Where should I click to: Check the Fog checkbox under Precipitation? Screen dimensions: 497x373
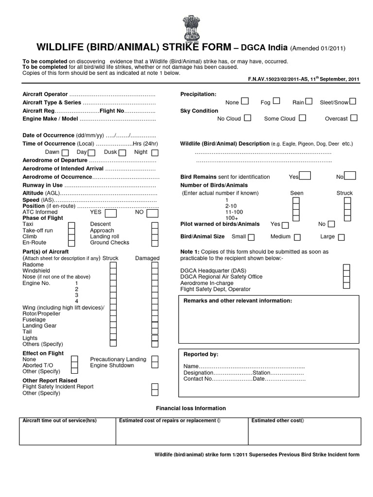pos(276,101)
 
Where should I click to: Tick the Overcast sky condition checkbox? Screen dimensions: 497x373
pos(354,117)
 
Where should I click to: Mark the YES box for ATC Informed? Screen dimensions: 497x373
pos(111,213)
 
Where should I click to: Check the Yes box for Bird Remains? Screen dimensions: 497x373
pos(305,176)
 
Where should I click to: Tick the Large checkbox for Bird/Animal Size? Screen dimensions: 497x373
pos(341,237)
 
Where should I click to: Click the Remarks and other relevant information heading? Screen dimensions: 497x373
pos(237,301)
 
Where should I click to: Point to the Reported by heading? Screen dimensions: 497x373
pos(201,354)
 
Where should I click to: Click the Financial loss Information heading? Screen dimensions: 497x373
pos(190,408)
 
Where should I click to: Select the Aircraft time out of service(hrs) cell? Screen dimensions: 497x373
pos(60,421)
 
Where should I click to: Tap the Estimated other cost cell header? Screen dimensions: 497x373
pos(277,421)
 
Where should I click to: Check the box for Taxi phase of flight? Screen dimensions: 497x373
pos(71,225)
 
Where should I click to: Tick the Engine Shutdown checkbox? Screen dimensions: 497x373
pos(154,365)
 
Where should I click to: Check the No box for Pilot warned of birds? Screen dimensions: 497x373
pos(331,224)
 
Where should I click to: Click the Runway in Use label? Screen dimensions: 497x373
pos(43,185)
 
